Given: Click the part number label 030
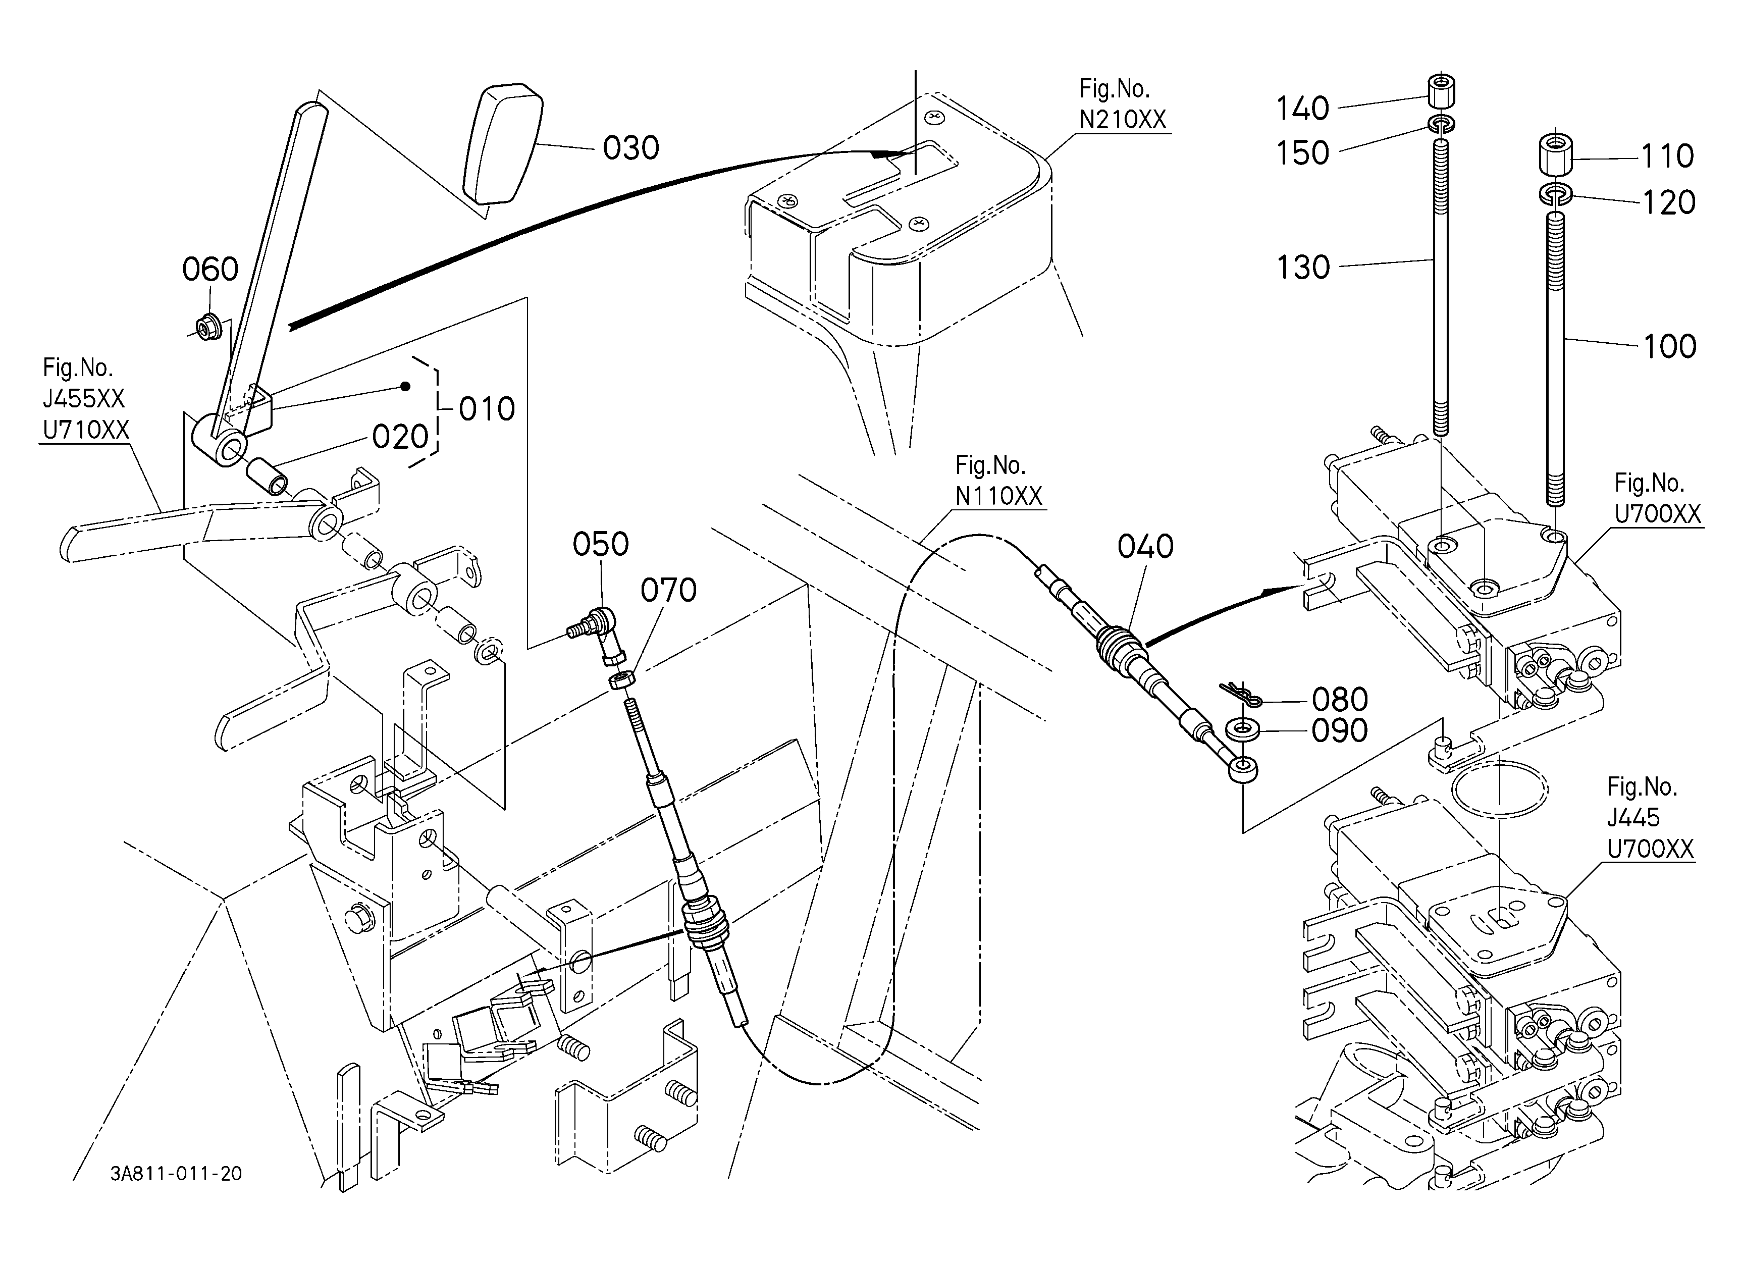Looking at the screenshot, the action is (x=630, y=148).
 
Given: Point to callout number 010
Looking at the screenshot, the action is (x=487, y=409).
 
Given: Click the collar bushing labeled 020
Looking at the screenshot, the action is (x=267, y=477).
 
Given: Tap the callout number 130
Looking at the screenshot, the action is (x=1303, y=269).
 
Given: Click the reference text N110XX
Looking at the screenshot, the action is (x=998, y=497).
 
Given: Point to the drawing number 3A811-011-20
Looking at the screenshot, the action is (x=176, y=1174).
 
